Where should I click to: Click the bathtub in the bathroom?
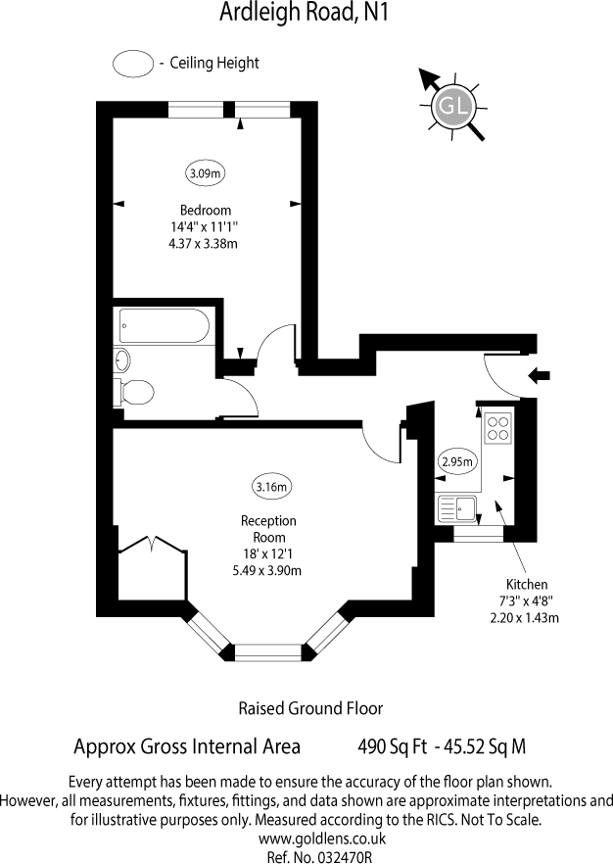tap(165, 325)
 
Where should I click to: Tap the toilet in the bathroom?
tap(133, 392)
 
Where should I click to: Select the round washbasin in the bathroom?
tap(121, 360)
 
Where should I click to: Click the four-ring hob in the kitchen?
tap(497, 428)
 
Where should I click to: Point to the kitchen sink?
tap(456, 508)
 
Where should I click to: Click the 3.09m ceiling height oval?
tap(206, 173)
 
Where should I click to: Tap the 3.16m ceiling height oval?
tap(271, 487)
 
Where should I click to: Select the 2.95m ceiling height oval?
tap(457, 461)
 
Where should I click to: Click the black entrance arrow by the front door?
tap(540, 376)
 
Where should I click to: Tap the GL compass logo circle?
tap(453, 105)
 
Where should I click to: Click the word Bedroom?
tap(206, 210)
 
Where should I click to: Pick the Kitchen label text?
tap(527, 584)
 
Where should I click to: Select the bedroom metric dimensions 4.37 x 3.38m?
tap(204, 244)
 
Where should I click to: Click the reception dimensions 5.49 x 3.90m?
tap(267, 570)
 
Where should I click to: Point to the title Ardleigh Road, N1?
tap(304, 12)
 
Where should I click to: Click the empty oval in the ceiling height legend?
tap(133, 63)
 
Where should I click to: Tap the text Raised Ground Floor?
tap(310, 708)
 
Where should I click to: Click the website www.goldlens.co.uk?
tap(322, 840)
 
